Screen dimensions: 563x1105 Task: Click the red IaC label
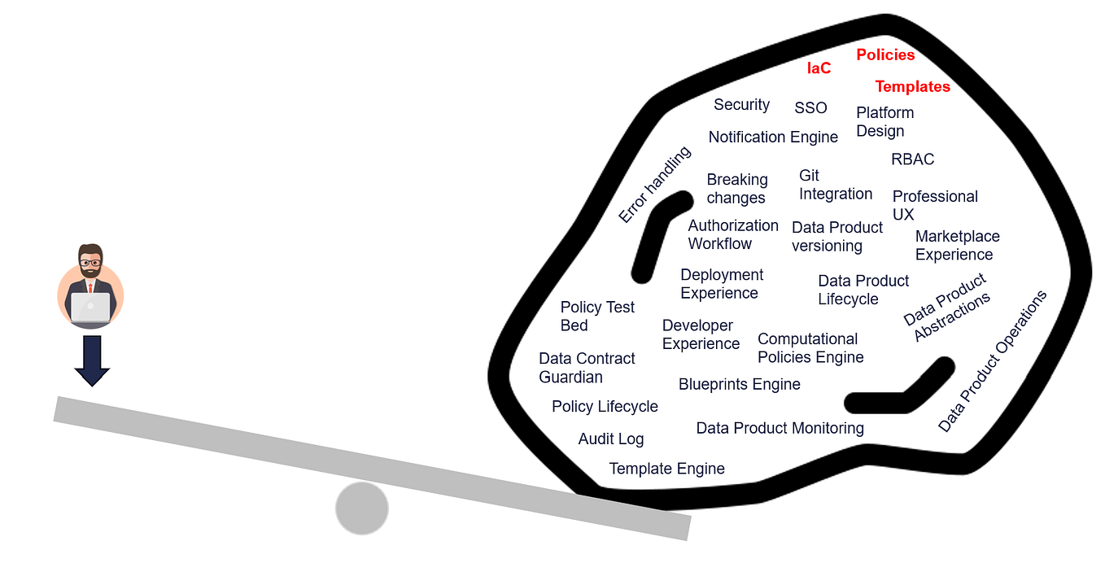click(x=819, y=68)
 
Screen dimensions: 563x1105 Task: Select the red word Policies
click(x=885, y=55)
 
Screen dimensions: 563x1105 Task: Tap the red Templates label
click(x=912, y=86)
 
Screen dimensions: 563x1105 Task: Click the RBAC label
click(x=912, y=159)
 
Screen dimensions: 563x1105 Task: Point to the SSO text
click(x=810, y=108)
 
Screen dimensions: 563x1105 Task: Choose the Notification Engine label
click(x=773, y=137)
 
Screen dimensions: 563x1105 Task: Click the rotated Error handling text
click(x=654, y=185)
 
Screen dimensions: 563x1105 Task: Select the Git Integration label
click(x=835, y=185)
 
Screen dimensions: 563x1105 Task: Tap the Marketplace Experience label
click(x=957, y=245)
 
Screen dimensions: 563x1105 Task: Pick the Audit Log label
click(x=610, y=439)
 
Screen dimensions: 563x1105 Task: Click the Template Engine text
click(x=666, y=469)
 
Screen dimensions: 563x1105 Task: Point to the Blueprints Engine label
click(x=739, y=384)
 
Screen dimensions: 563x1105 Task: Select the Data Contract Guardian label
click(x=586, y=368)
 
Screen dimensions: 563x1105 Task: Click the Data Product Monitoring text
click(x=780, y=428)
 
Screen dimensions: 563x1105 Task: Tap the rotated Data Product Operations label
click(x=992, y=362)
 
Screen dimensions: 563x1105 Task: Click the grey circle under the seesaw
click(x=362, y=508)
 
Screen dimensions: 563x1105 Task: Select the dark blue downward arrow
click(x=92, y=360)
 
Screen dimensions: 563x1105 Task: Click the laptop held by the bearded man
click(x=90, y=308)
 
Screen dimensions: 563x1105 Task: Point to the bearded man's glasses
click(x=90, y=262)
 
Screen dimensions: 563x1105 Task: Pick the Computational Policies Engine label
click(x=810, y=348)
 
